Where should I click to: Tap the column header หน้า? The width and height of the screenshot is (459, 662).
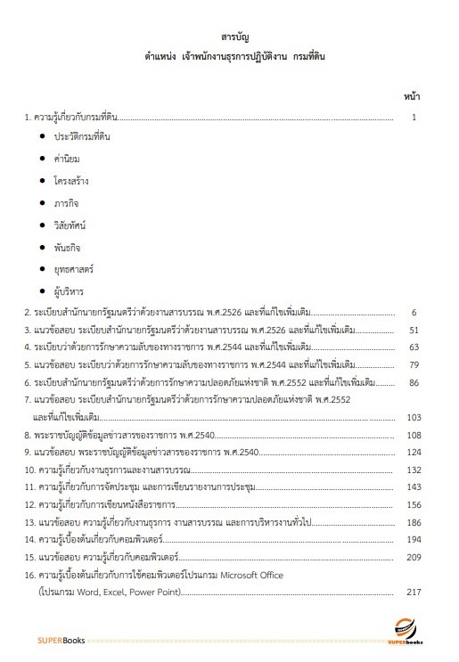click(x=412, y=94)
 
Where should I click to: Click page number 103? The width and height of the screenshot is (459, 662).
click(x=412, y=416)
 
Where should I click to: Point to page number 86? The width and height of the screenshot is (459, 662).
click(x=414, y=381)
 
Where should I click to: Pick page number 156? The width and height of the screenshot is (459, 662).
click(x=412, y=504)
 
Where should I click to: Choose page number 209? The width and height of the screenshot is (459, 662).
click(x=412, y=557)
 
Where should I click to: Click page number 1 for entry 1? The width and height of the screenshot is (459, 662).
click(x=414, y=117)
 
